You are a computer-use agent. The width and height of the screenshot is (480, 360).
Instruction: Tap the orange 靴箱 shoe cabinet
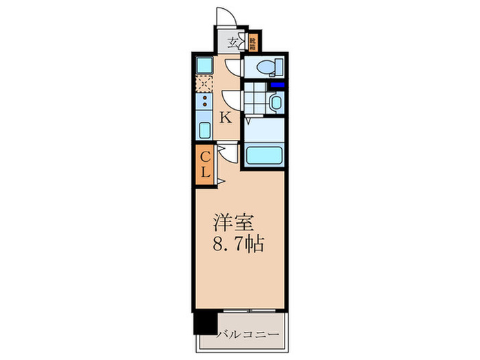(252, 43)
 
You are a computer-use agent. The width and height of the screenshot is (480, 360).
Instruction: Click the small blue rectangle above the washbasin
(278, 85)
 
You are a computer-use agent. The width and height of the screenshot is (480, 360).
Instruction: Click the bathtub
(263, 155)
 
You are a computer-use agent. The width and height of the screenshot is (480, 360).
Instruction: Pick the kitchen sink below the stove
(204, 130)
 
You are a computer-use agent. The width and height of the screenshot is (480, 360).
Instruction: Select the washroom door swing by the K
(232, 101)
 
